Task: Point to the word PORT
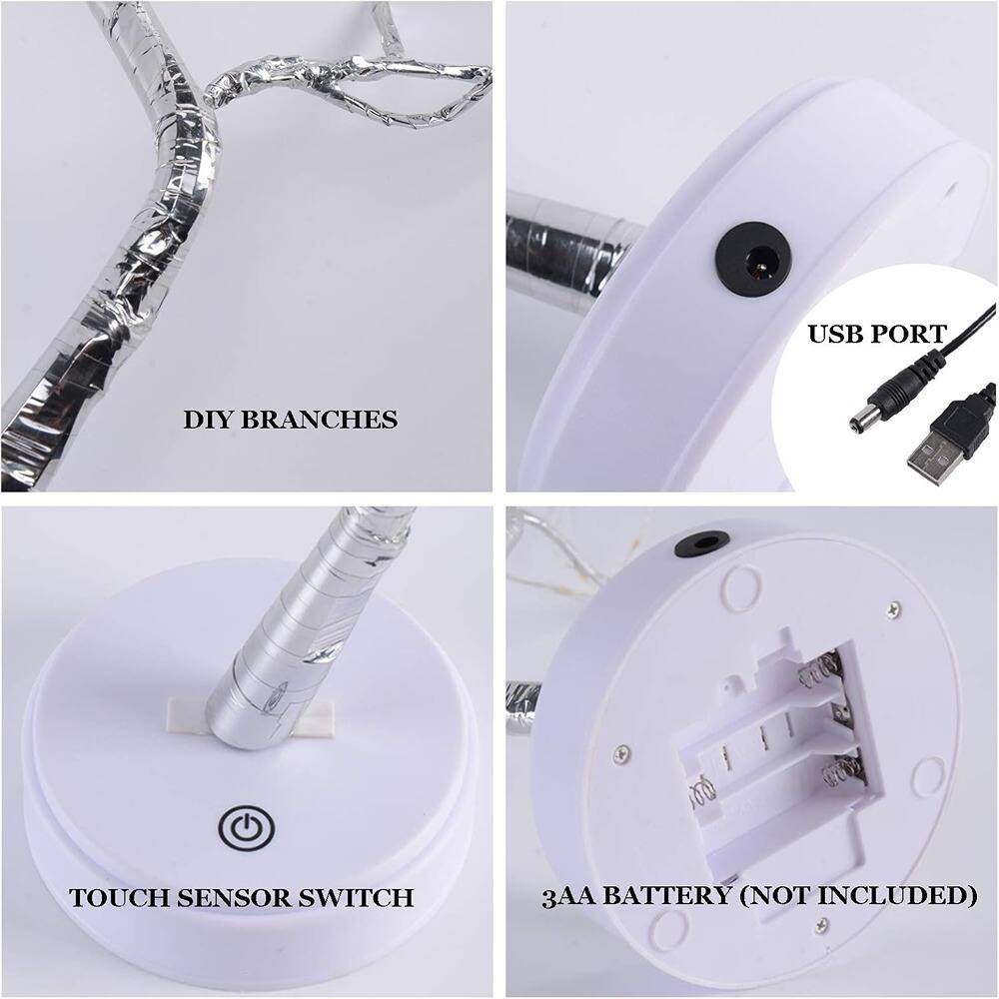pos(910,334)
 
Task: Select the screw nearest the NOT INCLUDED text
pos(822,925)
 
